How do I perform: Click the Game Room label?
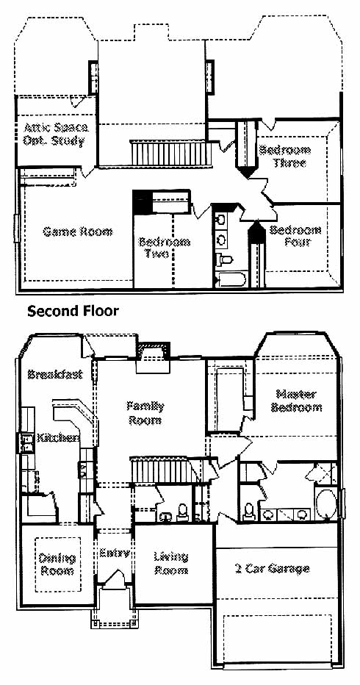pyautogui.click(x=77, y=232)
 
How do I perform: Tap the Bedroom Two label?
pyautogui.click(x=165, y=247)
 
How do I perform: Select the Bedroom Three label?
pyautogui.click(x=285, y=157)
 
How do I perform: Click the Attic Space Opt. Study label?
pyautogui.click(x=56, y=134)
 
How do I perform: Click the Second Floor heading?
pyautogui.click(x=73, y=311)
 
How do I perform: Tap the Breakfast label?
pyautogui.click(x=55, y=374)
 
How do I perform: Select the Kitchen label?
pyautogui.click(x=58, y=437)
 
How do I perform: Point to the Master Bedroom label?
pyautogui.click(x=297, y=401)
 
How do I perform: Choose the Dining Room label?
pyautogui.click(x=57, y=564)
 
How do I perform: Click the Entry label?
pyautogui.click(x=115, y=553)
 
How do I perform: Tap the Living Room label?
pyautogui.click(x=171, y=563)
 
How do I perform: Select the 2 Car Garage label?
pyautogui.click(x=272, y=568)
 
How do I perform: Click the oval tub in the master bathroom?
pyautogui.click(x=326, y=504)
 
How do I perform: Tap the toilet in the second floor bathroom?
pyautogui.click(x=224, y=260)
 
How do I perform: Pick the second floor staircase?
pyautogui.click(x=171, y=153)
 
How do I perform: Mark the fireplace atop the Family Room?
pyautogui.click(x=153, y=357)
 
